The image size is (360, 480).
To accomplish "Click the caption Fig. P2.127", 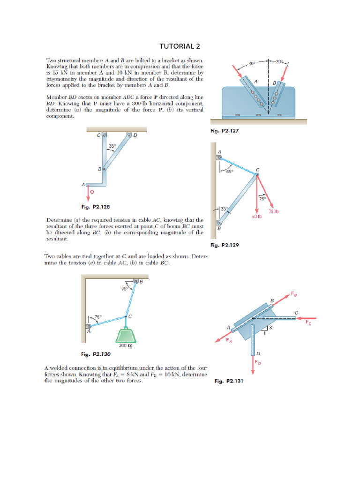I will tap(225, 132).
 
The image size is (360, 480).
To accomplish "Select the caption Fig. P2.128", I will tap(96, 206).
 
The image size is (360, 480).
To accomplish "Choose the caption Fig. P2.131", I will tap(229, 382).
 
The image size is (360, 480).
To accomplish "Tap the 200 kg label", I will tap(125, 346).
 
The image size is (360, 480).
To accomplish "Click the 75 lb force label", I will tap(274, 211).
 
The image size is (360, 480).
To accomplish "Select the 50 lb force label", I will tap(256, 217).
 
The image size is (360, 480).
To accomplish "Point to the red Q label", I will tap(91, 192).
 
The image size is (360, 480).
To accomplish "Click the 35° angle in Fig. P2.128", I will tap(112, 146).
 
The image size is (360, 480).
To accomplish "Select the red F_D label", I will tap(257, 362).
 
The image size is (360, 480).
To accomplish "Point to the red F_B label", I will tap(294, 295).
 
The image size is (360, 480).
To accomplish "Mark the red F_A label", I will tap(229, 340).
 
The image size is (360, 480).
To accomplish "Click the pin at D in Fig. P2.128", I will tap(128, 135).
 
